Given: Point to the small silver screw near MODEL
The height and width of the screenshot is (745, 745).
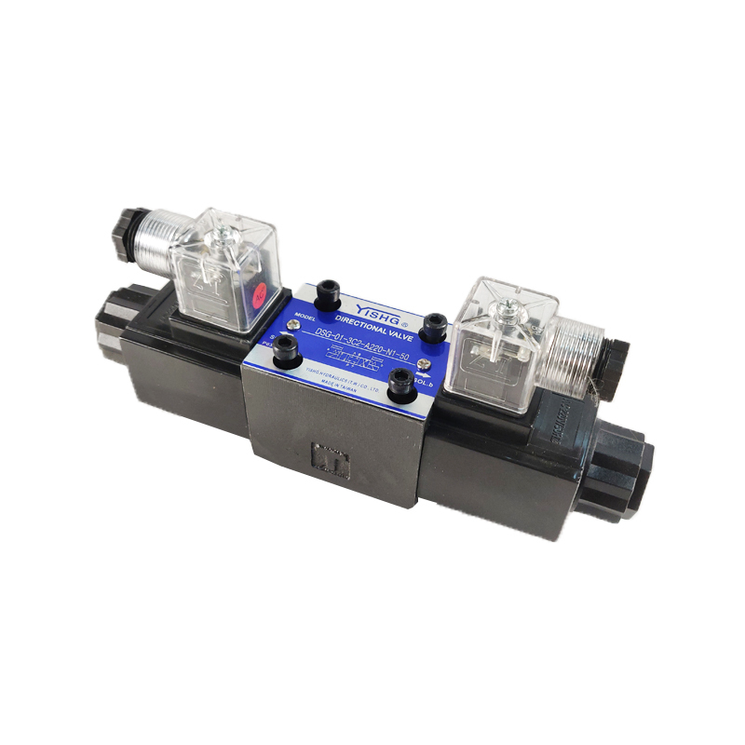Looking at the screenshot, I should click(295, 326).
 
